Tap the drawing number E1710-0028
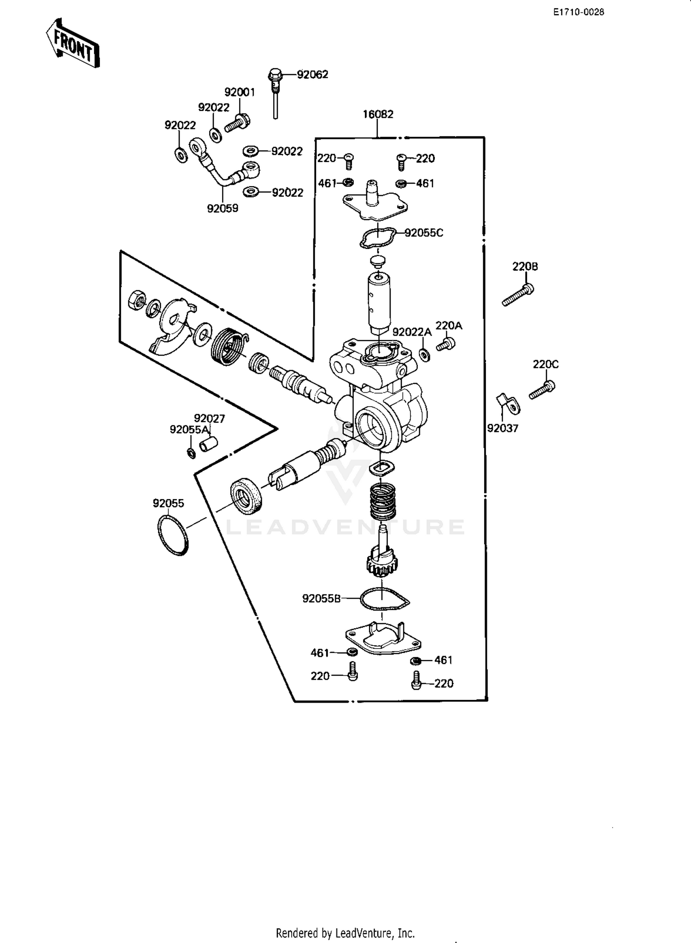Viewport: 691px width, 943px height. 579,12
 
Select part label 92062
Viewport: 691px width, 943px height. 312,75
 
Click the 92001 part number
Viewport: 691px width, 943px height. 240,93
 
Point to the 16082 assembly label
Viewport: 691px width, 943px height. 378,114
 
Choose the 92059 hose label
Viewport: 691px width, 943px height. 223,209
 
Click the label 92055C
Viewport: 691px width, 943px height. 423,233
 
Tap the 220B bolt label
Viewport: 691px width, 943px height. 525,267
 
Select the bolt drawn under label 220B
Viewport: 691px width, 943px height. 518,296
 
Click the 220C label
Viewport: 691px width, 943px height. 545,364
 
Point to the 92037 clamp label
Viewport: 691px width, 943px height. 503,428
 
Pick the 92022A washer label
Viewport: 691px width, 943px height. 412,332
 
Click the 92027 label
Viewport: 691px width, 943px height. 209,418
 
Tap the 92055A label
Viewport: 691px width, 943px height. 189,430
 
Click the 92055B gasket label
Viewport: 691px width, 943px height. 321,599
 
